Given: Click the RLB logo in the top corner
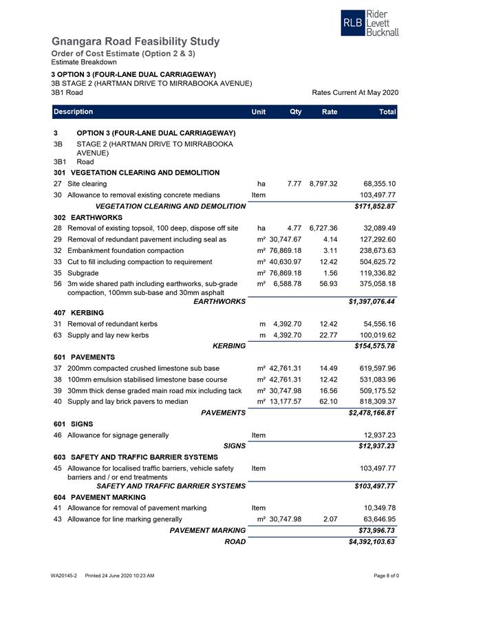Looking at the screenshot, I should (369, 23).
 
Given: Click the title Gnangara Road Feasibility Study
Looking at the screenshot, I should (136, 42).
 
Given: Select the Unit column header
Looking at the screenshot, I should (259, 111).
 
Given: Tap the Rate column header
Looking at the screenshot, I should (329, 111).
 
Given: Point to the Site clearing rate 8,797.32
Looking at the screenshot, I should (323, 184).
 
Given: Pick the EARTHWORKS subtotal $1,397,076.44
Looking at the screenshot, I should (371, 301).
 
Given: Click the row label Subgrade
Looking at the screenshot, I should (84, 272).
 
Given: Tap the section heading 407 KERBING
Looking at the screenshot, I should (78, 312).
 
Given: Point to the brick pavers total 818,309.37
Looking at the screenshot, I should (373, 402).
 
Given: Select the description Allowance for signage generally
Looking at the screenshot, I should (118, 435).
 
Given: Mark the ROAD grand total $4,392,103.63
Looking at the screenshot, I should (371, 541).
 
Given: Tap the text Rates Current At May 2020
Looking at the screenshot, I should (355, 93).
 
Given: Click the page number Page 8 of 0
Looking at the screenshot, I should (386, 575).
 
